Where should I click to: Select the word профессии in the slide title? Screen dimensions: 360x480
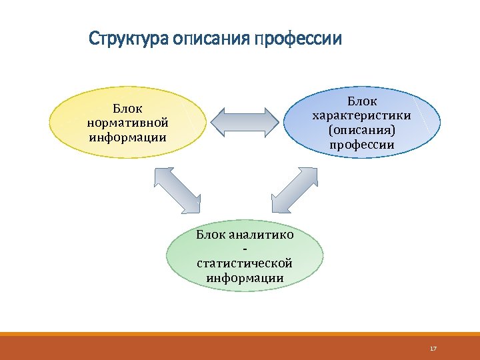point(297,39)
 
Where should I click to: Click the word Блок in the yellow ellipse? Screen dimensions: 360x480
point(127,108)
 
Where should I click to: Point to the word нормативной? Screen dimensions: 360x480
point(127,123)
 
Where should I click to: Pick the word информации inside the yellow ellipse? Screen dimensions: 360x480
point(127,138)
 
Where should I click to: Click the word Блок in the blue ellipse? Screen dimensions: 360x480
point(362,101)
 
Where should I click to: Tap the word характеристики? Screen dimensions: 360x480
point(362,115)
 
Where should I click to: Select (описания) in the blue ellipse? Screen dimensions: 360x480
point(362,130)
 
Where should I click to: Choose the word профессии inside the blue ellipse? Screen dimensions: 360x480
point(362,145)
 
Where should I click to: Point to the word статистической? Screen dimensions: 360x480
point(245,263)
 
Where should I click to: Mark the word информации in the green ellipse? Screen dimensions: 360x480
point(245,278)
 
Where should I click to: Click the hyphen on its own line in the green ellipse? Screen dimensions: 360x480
point(245,249)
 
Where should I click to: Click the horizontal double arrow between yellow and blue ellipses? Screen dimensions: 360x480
point(245,123)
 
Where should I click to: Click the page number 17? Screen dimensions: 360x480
point(433,349)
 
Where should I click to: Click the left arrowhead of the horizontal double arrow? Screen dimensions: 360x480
point(218,123)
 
